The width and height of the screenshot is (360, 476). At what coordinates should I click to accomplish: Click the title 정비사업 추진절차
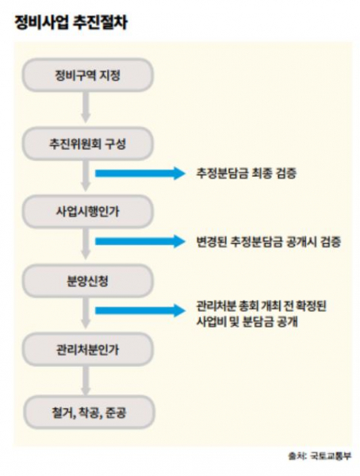point(71,22)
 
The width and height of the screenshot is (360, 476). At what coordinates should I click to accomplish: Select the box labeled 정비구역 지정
point(87,75)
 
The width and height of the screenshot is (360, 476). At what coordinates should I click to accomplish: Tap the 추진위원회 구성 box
point(87,144)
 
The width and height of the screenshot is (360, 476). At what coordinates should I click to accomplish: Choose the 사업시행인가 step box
point(87,211)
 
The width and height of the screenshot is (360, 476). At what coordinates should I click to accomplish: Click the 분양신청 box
point(87,281)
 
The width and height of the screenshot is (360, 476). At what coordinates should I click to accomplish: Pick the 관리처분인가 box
point(87,349)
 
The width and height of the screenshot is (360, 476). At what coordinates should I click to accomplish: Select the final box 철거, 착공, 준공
point(88,413)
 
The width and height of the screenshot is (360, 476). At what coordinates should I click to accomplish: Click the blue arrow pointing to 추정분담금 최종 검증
point(140,173)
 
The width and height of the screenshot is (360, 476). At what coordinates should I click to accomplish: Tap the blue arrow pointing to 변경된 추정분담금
point(140,241)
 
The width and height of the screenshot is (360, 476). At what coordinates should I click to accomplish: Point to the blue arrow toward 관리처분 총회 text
point(140,310)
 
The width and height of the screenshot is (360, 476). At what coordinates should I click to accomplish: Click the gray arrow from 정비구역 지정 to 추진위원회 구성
point(86,107)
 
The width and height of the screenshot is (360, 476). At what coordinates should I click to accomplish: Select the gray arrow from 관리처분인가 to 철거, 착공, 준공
point(86,381)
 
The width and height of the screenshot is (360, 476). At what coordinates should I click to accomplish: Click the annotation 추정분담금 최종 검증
point(246,173)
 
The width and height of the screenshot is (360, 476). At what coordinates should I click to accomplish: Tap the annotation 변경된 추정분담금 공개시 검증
point(268,242)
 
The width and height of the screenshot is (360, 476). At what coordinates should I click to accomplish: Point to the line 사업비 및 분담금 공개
point(247,322)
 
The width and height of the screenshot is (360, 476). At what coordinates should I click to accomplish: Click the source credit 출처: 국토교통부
point(320,456)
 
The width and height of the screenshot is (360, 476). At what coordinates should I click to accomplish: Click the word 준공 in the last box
point(115,413)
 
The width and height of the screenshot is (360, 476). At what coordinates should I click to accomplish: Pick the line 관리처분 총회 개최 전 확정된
point(261,306)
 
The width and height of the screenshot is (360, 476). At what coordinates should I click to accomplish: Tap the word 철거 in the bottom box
point(63,413)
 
